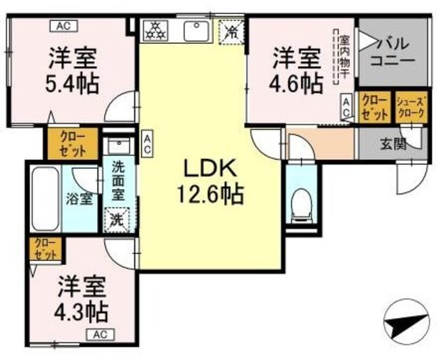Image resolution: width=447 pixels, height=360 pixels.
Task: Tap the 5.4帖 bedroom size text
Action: [73, 83]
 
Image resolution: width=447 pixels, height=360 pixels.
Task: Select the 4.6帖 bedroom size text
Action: [296, 83]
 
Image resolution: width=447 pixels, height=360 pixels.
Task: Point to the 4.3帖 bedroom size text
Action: [82, 310]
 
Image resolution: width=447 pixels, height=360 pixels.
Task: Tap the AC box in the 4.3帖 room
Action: [101, 334]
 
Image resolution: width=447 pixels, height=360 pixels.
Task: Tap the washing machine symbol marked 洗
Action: [117, 218]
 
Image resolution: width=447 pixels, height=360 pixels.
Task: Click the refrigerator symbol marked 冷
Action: [233, 31]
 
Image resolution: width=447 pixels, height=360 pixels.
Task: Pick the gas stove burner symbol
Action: [156, 31]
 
